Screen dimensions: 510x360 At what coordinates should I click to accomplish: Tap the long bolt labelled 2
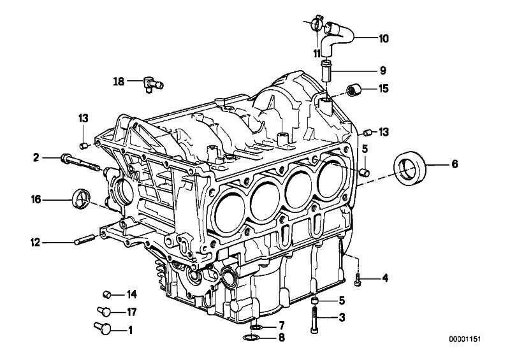click(80, 162)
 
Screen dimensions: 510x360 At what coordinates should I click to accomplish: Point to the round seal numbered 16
click(81, 198)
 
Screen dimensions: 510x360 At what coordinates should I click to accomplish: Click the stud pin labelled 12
click(85, 239)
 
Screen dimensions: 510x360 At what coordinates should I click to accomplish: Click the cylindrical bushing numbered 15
click(354, 89)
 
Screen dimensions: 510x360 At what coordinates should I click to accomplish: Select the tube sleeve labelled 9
click(326, 70)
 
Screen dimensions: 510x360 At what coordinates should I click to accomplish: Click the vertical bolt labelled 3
click(315, 320)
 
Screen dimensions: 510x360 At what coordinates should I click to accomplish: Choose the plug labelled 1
click(103, 328)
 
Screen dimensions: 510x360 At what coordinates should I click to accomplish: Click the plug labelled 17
click(105, 311)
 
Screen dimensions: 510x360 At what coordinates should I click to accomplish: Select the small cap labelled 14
click(107, 294)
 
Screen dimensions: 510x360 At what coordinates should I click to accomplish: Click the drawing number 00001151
click(465, 339)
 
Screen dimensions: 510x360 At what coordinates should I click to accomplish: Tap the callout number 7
click(282, 325)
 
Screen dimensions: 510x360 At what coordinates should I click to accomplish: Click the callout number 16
click(36, 199)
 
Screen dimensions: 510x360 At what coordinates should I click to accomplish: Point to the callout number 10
click(384, 39)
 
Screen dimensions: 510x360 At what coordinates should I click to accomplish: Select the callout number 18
click(119, 82)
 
